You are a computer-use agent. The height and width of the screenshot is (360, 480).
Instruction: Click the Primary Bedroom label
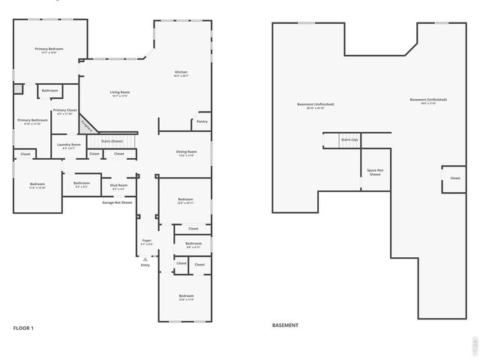[49, 50]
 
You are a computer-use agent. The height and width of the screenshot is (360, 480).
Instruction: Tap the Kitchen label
[181, 73]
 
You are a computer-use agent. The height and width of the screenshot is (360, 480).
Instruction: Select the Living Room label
[119, 94]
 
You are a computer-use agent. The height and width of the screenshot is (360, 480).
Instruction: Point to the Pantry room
[202, 121]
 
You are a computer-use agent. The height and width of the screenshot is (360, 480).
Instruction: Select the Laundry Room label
[68, 146]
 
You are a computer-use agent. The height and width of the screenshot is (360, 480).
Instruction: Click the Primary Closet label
[64, 112]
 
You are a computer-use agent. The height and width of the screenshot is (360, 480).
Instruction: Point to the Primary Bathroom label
[29, 121]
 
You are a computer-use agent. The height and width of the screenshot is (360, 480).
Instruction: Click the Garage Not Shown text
[117, 202]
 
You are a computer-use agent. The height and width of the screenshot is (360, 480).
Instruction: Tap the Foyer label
[146, 242]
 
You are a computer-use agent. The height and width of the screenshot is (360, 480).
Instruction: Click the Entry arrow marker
[145, 259]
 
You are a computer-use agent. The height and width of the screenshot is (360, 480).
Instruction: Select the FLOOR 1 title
[23, 328]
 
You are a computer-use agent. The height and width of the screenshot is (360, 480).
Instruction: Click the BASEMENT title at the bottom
[285, 325]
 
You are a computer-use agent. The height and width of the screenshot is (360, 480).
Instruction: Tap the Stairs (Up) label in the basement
[349, 139]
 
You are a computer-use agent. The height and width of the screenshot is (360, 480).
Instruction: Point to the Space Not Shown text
[375, 172]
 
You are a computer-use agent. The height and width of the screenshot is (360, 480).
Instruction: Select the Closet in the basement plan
[454, 178]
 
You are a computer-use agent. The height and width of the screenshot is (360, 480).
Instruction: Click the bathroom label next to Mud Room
[82, 184]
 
